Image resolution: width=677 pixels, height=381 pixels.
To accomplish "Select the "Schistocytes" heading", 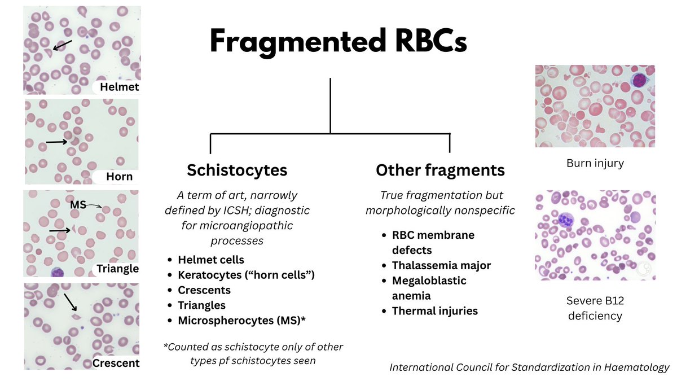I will [x=237, y=170].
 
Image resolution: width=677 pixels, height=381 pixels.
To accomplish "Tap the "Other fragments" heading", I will [x=440, y=170].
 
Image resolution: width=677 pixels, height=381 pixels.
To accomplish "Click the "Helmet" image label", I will [x=119, y=87].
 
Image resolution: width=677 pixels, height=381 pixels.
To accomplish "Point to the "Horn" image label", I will [x=120, y=177].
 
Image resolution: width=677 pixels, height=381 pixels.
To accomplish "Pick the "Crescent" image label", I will [x=115, y=363].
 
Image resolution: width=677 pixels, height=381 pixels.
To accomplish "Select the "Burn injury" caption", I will [x=595, y=164].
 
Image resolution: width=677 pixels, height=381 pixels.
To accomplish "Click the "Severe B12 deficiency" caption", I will [x=595, y=308].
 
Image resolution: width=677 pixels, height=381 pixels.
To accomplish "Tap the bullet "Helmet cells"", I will [x=211, y=260].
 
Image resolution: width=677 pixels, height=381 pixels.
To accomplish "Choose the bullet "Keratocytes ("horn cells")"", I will [x=246, y=275].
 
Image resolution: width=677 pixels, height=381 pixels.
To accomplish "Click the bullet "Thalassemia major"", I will [x=441, y=265].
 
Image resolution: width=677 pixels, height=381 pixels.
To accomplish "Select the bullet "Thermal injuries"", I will [x=434, y=310].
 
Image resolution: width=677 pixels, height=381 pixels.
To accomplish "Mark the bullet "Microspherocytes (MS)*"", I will [x=239, y=320].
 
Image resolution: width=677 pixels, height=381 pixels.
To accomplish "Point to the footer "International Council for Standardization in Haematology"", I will [x=529, y=367].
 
